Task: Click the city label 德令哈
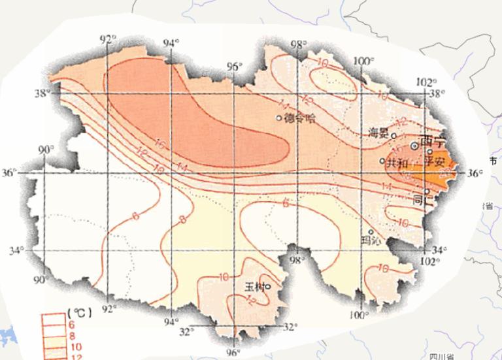(300, 118)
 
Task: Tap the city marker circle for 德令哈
(279, 118)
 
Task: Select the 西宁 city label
(432, 140)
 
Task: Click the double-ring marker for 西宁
(414, 146)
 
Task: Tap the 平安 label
(435, 159)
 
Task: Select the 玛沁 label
(371, 240)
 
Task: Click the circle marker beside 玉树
(267, 286)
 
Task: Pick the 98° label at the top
(299, 45)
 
